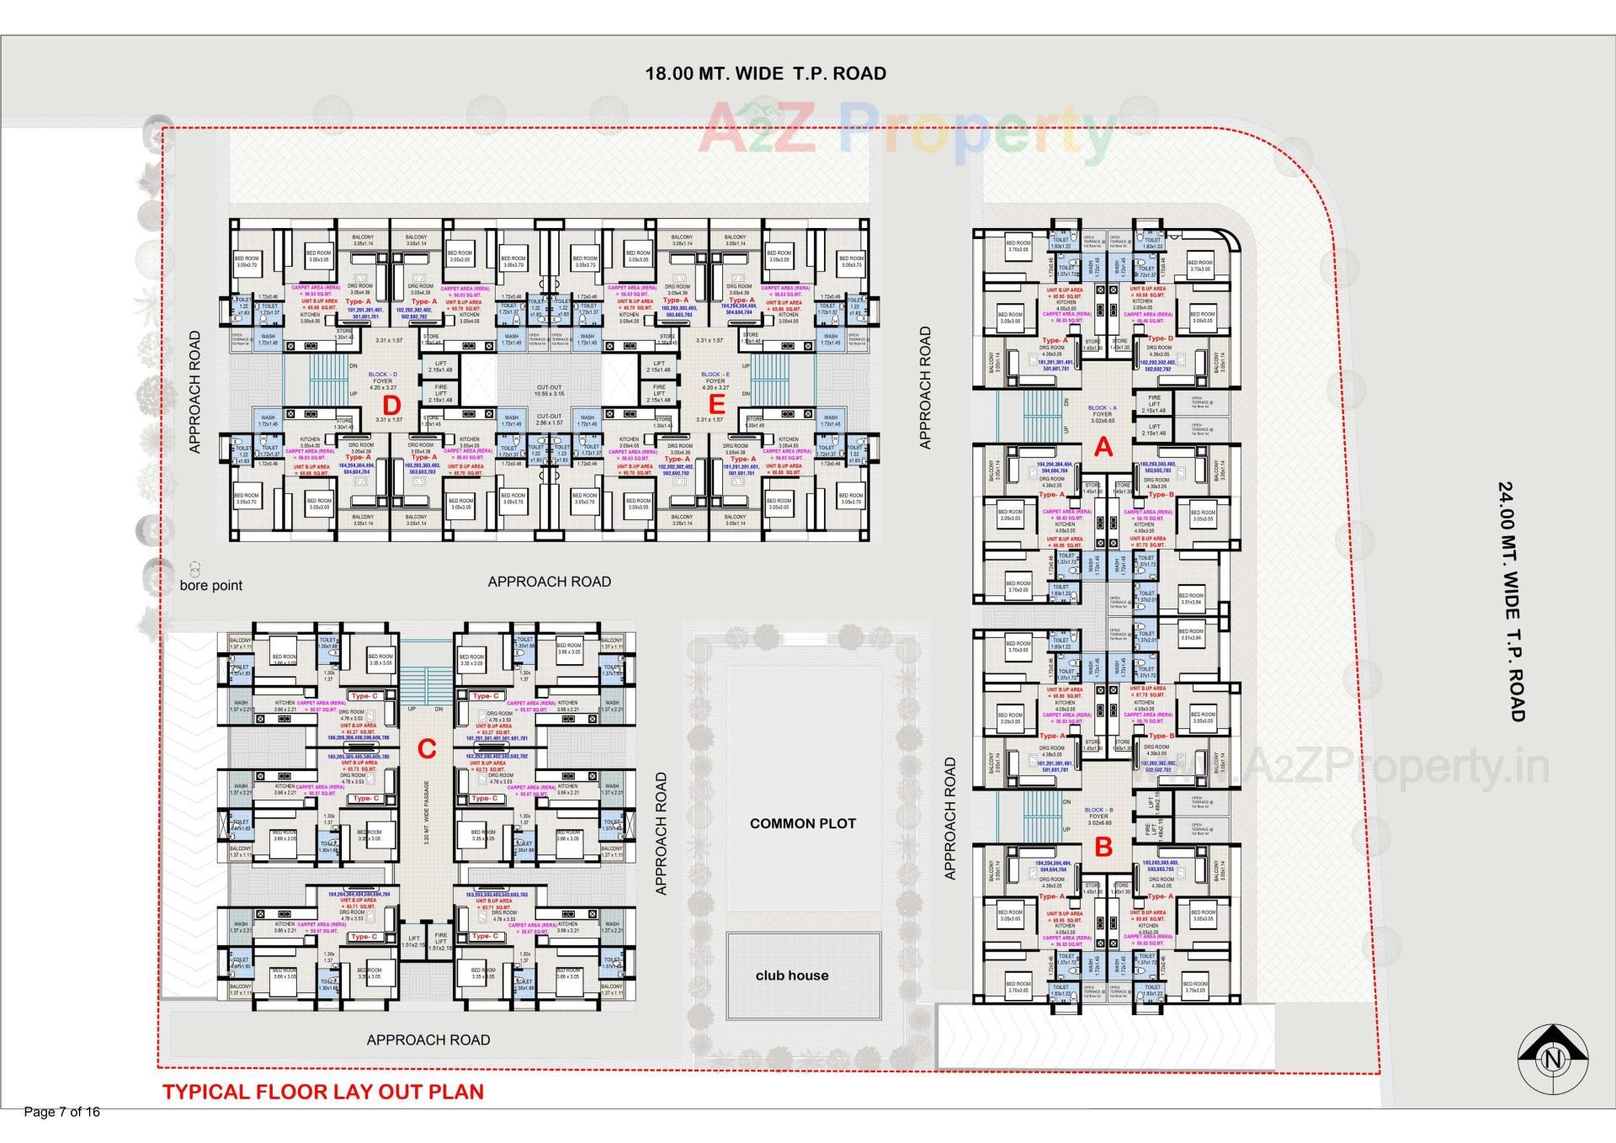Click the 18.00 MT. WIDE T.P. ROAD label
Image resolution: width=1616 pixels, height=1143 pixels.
[765, 73]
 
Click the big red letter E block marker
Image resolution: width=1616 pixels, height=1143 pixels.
[716, 405]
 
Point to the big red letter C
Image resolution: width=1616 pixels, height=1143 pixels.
[427, 748]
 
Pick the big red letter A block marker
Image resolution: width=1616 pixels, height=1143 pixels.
[1103, 449]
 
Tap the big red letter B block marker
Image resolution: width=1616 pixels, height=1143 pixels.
[1103, 847]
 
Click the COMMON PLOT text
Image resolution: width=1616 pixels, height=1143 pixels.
[802, 823]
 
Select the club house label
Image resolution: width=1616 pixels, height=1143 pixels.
[791, 976]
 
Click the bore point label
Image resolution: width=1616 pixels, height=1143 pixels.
[210, 585]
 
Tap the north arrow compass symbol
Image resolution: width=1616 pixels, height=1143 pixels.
[1553, 1060]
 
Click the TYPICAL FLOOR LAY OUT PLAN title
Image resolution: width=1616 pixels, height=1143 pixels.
[323, 1092]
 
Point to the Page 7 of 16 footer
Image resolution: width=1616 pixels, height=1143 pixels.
[62, 1112]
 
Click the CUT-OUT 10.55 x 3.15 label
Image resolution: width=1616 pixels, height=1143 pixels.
[550, 391]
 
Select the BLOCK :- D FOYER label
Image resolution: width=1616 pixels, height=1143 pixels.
[382, 378]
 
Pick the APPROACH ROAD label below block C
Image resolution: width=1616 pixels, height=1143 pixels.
[428, 1039]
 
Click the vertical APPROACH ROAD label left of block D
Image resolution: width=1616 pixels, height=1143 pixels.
[195, 391]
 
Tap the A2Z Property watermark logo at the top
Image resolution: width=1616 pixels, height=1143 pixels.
[905, 128]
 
